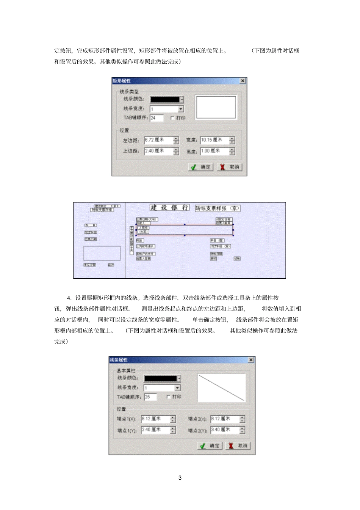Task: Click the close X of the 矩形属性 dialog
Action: pyautogui.click(x=243, y=81)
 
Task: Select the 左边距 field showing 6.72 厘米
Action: pyautogui.click(x=158, y=140)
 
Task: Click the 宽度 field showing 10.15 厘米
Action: pyautogui.click(x=214, y=140)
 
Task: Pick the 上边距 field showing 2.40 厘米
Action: pyautogui.click(x=158, y=151)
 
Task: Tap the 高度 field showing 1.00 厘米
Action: pyautogui.click(x=214, y=151)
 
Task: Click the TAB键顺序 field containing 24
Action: pyautogui.click(x=157, y=118)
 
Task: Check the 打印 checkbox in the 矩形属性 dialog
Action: pyautogui.click(x=172, y=118)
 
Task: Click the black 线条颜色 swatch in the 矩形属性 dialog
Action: pyautogui.click(x=165, y=99)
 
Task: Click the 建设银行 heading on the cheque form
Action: pyautogui.click(x=169, y=207)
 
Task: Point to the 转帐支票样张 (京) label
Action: pyautogui.click(x=218, y=208)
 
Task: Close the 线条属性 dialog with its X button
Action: pyautogui.click(x=251, y=359)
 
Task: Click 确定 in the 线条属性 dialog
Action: pyautogui.click(x=210, y=446)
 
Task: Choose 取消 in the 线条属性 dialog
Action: pyautogui.click(x=238, y=446)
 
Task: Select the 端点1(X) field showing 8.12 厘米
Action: pyautogui.click(x=155, y=419)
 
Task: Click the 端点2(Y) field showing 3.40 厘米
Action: pyautogui.click(x=225, y=430)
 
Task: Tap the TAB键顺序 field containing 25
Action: pyautogui.click(x=150, y=397)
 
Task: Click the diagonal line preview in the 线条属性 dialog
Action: pyautogui.click(x=221, y=388)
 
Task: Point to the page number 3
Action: pyautogui.click(x=180, y=478)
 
